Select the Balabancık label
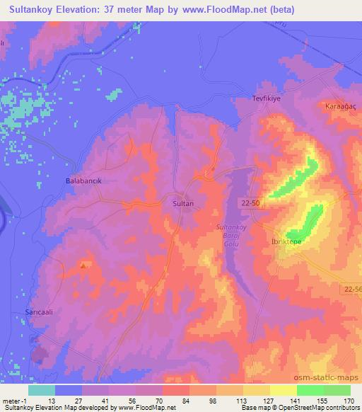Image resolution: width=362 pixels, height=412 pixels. pyautogui.click(x=84, y=181)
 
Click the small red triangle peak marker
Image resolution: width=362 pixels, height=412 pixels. pyautogui.click(x=84, y=267)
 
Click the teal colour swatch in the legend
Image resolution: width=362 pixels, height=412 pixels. pyautogui.click(x=42, y=390)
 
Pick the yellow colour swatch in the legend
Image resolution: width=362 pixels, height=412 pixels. pyautogui.click(x=284, y=390)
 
